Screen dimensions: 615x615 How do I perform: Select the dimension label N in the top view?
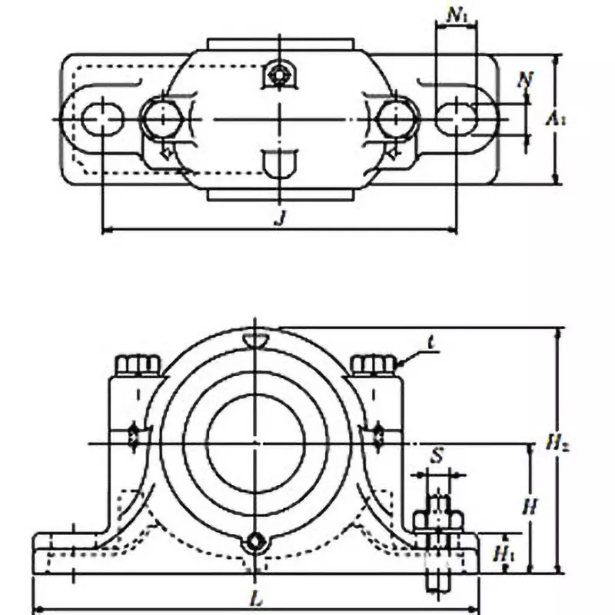(x=525, y=78)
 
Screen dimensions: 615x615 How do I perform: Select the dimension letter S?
(x=437, y=457)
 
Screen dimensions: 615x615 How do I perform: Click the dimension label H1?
(x=504, y=552)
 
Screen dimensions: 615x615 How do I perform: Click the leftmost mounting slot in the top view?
(x=102, y=119)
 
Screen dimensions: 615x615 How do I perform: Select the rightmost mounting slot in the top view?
(x=459, y=119)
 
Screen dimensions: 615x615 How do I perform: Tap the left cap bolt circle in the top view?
(x=161, y=119)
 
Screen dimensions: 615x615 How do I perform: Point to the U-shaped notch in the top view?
(x=278, y=163)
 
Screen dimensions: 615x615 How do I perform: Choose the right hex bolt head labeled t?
(x=374, y=364)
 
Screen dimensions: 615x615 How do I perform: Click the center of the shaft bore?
(x=254, y=444)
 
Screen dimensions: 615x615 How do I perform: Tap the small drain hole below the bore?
(x=254, y=543)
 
